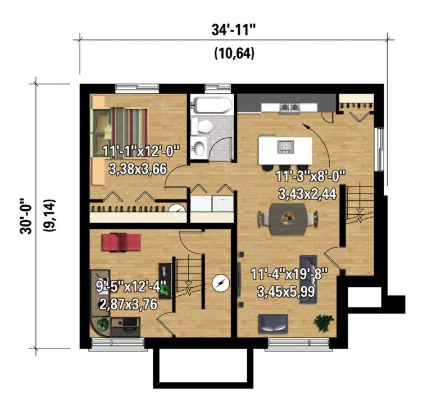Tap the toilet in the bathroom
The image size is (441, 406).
click(202, 126)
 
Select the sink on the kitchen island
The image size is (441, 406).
click(286, 147)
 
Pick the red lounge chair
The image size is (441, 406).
click(121, 242)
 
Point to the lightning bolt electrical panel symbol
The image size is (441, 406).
click(220, 283)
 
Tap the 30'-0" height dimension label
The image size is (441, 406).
click(26, 216)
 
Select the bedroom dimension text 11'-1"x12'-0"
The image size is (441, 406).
click(141, 151)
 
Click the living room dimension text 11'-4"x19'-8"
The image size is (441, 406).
click(289, 274)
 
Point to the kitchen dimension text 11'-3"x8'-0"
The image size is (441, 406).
click(310, 177)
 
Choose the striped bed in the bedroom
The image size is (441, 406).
click(120, 126)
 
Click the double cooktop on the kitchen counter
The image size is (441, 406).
click(290, 107)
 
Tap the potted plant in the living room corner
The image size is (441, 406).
click(324, 323)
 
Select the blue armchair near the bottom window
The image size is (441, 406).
click(273, 323)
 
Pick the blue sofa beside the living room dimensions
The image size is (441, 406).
click(308, 279)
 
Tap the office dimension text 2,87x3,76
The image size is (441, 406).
click(128, 304)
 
